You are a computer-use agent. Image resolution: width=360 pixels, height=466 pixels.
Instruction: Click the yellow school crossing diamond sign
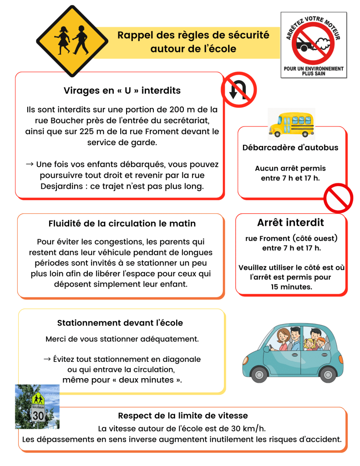point(70,40)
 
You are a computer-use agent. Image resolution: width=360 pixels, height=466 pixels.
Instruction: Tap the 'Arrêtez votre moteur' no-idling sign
point(314,44)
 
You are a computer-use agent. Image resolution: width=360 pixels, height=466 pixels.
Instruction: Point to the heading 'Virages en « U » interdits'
point(122,91)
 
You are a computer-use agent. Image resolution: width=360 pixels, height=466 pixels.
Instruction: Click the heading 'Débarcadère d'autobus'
point(290,148)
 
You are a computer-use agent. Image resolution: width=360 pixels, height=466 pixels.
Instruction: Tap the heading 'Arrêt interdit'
point(290,223)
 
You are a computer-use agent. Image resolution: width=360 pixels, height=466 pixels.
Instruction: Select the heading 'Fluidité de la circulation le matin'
point(122,223)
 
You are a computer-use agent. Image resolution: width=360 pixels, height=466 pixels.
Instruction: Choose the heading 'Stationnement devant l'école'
point(120,323)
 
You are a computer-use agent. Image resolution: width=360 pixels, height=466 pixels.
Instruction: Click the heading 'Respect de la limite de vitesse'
point(183,415)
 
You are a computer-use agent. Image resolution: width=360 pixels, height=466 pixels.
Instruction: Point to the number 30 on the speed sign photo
point(38,415)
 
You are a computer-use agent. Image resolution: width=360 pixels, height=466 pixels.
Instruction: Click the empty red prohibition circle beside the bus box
point(338,198)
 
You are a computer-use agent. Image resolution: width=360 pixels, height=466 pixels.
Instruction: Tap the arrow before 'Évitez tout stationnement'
point(47,359)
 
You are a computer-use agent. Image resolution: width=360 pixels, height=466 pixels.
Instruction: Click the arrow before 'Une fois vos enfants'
point(30,164)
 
